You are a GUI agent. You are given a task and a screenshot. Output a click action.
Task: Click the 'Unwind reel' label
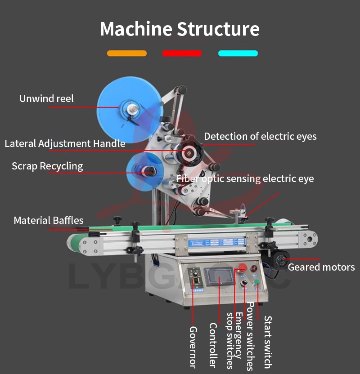click(46, 98)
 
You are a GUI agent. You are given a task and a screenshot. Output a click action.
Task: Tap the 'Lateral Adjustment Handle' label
click(65, 144)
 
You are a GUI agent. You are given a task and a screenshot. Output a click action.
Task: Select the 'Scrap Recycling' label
click(47, 166)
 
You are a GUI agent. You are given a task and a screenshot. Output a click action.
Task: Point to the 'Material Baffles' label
click(49, 220)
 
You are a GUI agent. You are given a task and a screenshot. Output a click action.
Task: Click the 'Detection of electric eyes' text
click(260, 136)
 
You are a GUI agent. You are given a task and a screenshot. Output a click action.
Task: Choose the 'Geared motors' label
click(321, 267)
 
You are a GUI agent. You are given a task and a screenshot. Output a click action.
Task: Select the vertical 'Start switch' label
click(267, 342)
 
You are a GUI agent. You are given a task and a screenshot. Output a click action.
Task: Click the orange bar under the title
click(127, 53)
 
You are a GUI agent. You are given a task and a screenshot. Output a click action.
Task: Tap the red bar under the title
click(182, 53)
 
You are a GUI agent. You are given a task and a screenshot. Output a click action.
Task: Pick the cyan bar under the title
click(238, 53)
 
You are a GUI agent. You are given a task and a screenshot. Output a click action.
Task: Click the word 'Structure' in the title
click(218, 29)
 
